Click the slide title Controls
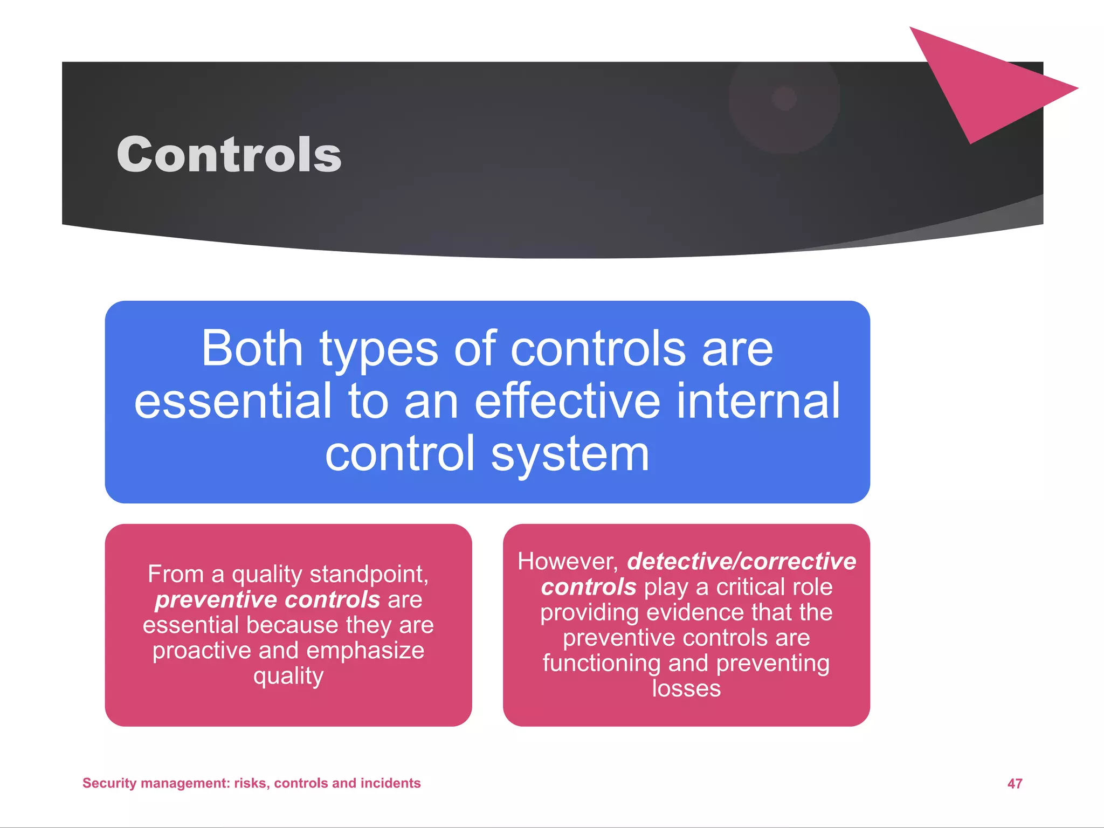point(229,155)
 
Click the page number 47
point(1015,783)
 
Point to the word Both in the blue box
point(252,349)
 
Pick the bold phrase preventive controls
point(267,599)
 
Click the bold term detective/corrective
point(742,561)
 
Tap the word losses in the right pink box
point(686,688)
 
